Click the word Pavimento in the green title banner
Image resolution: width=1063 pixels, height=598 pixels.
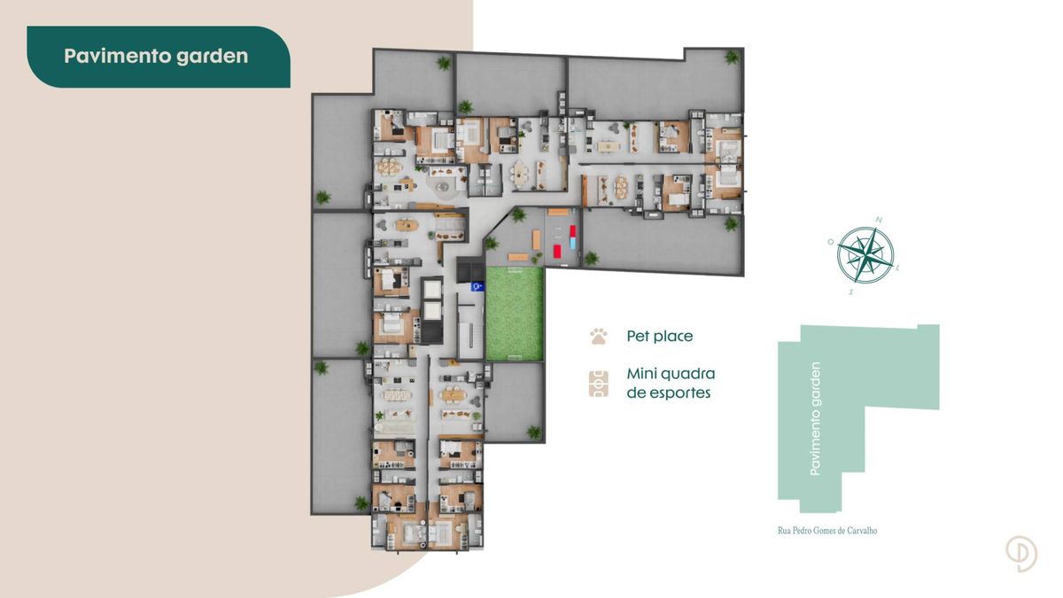(x=117, y=56)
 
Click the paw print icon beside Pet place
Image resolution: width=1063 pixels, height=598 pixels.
(x=599, y=336)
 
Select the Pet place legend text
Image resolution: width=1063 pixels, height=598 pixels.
(x=660, y=336)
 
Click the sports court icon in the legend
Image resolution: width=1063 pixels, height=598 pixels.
(x=599, y=384)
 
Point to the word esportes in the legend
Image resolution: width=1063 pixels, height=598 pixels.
(x=669, y=393)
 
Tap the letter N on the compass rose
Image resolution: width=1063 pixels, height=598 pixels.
(x=879, y=221)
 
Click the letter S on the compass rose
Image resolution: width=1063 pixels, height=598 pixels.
(x=851, y=291)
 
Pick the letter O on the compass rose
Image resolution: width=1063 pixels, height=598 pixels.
(x=831, y=242)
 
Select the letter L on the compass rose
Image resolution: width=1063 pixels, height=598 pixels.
(x=897, y=268)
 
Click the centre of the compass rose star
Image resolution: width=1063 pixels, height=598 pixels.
(x=865, y=255)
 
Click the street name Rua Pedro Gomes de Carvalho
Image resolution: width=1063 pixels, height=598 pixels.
(x=827, y=531)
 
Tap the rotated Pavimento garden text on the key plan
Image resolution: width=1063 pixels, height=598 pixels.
(x=815, y=418)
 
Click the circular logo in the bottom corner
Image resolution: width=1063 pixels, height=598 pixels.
(x=1021, y=554)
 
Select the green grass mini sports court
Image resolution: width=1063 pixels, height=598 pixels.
(x=515, y=315)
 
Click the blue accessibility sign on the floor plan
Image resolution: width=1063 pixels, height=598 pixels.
(x=477, y=286)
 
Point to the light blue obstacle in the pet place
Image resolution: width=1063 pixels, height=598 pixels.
(x=573, y=244)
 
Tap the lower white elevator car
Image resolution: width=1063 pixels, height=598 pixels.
(x=432, y=311)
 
